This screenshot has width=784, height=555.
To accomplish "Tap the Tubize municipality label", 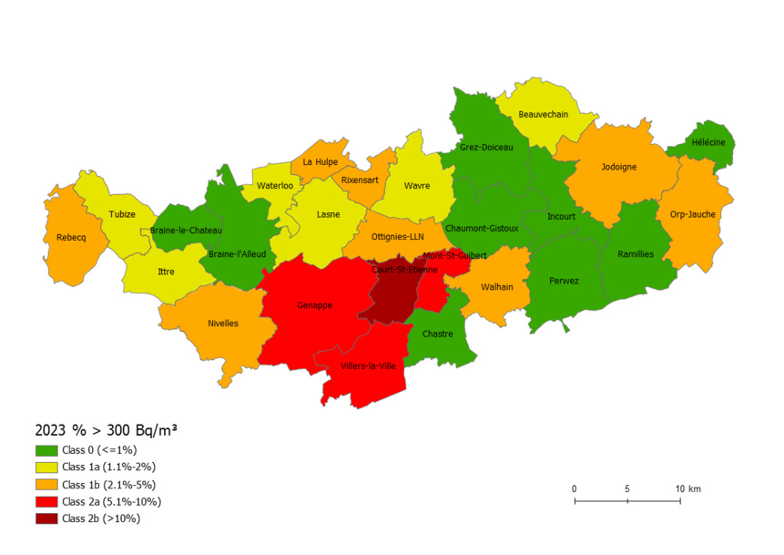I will (122, 214).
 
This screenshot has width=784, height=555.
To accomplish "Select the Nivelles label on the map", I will (223, 323).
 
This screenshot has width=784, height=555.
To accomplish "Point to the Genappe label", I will (314, 305).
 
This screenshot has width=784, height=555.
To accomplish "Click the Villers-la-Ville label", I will (368, 365).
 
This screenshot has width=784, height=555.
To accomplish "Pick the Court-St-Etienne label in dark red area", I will (404, 269).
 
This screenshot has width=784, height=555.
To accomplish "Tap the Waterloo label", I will (275, 186).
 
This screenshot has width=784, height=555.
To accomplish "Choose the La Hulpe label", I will (321, 162).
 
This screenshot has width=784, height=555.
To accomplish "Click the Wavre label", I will (417, 187).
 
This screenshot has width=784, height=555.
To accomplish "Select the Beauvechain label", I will (543, 115).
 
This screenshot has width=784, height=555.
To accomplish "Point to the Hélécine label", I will (708, 142).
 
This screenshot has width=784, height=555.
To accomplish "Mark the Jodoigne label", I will (619, 167).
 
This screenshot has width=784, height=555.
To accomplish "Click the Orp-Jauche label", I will (693, 214).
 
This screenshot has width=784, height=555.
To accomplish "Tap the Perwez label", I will (564, 281).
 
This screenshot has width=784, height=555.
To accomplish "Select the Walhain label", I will (497, 286).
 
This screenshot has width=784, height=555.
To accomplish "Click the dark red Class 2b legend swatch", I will (46, 519).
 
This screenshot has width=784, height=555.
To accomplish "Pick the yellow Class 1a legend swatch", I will (46, 467).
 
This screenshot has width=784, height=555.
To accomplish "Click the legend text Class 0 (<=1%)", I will (99, 449).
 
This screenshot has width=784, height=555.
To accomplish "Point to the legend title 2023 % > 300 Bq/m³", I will (106, 429).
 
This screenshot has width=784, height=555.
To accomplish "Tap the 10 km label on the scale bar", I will (687, 489).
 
